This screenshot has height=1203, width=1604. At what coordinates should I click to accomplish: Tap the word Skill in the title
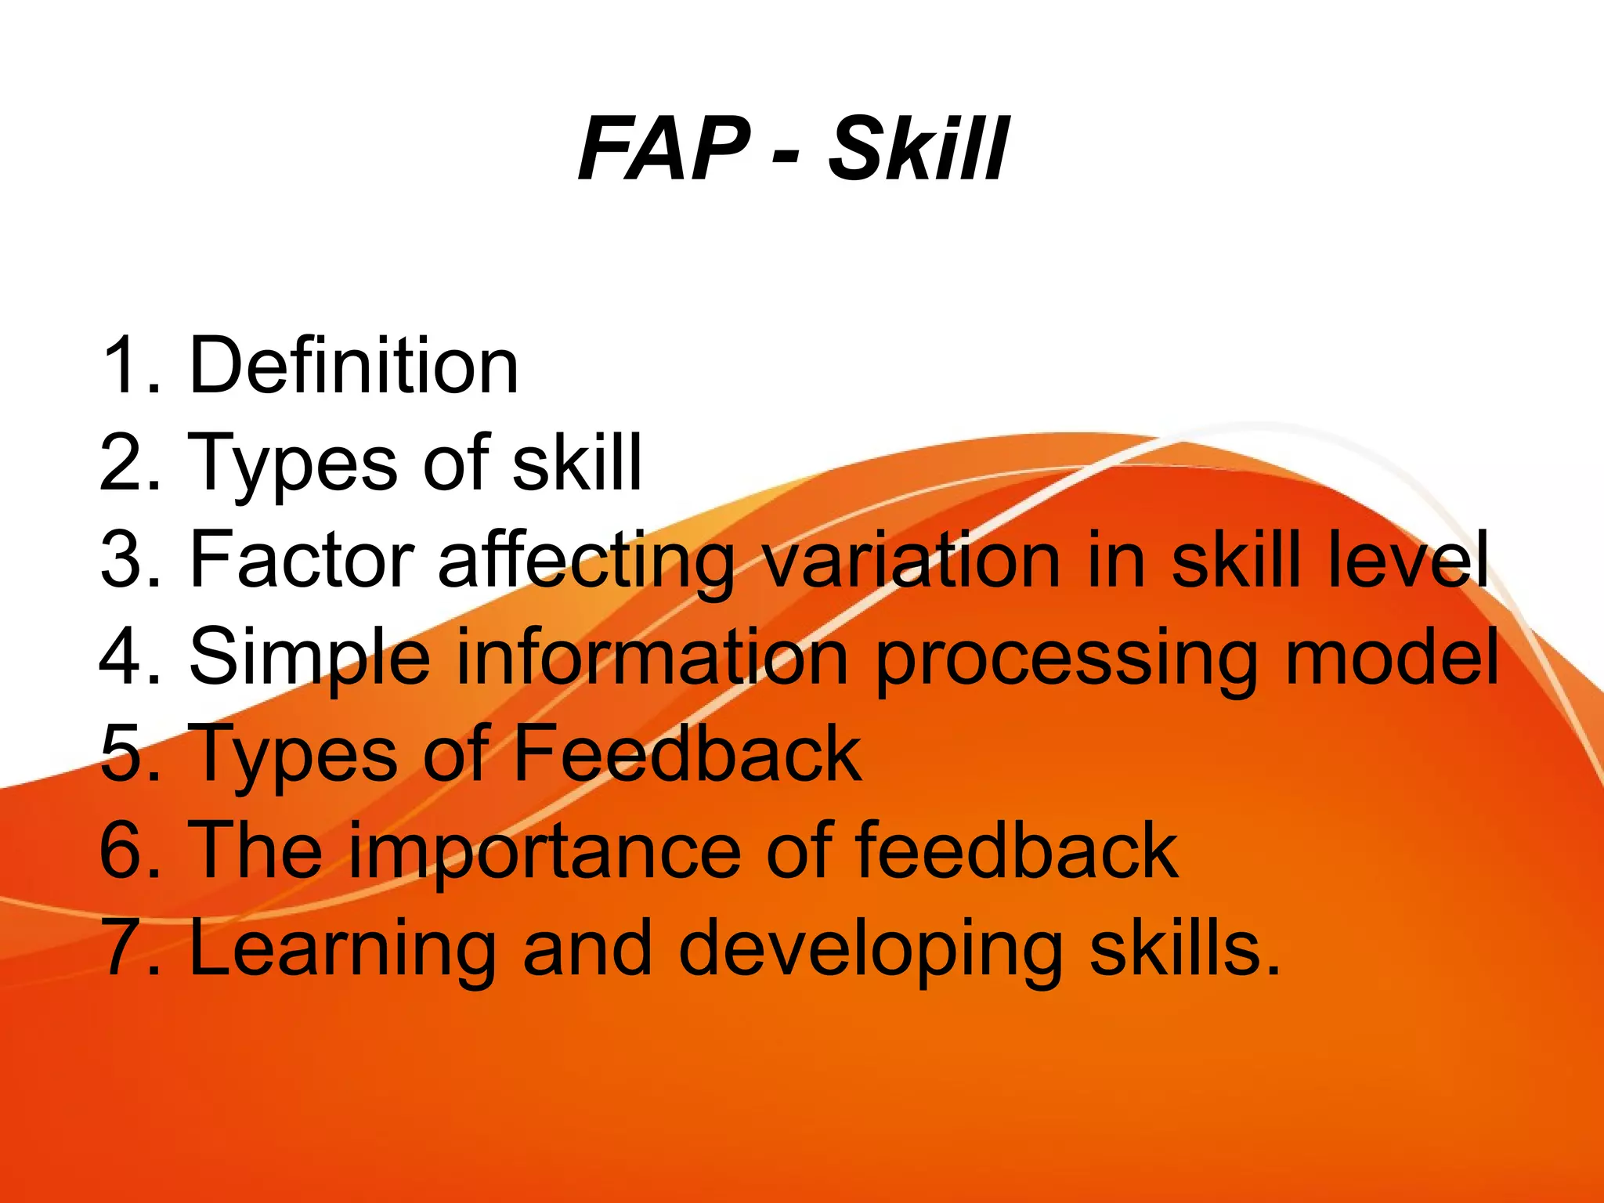tap(919, 149)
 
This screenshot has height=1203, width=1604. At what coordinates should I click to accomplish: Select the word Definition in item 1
tap(353, 365)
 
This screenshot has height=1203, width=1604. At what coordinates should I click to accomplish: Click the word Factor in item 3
tap(302, 559)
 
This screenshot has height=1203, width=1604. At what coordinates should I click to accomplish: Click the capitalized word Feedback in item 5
tap(687, 753)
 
